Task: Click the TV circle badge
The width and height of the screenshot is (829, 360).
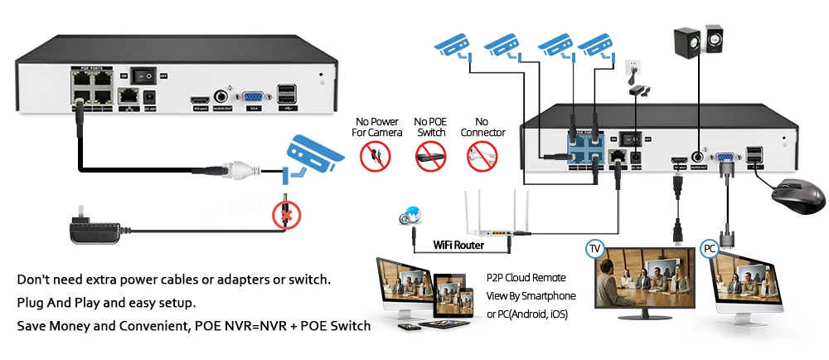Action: [x=594, y=248]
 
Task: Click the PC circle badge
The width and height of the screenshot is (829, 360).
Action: [x=710, y=248]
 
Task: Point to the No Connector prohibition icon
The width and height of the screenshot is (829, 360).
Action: [x=482, y=155]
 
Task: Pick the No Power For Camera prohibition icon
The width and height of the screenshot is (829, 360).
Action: [x=375, y=155]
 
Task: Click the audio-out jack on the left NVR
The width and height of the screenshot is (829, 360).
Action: [x=222, y=95]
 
